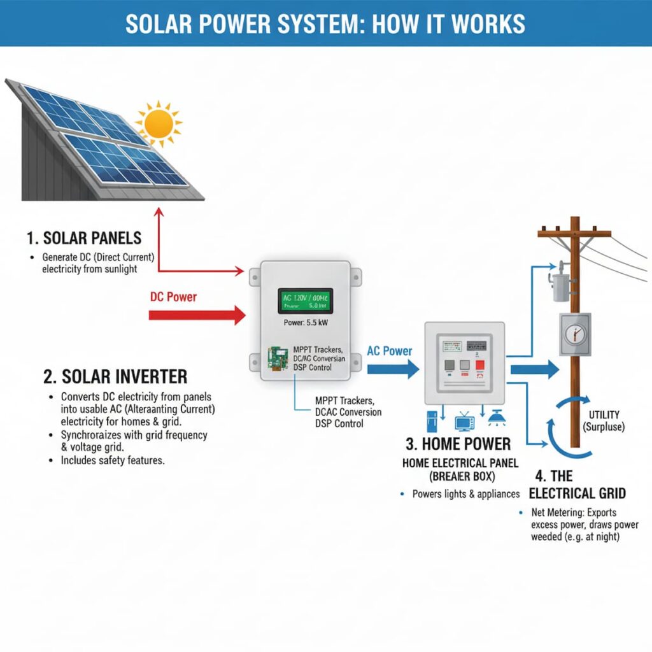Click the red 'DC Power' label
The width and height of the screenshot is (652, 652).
(173, 297)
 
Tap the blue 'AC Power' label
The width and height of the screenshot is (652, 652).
(389, 351)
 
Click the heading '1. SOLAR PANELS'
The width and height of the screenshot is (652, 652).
(84, 239)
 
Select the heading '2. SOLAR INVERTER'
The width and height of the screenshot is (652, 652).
(115, 376)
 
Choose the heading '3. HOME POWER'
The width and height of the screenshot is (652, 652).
(458, 444)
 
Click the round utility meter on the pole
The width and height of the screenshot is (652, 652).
(575, 334)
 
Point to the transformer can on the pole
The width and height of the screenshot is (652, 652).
(560, 288)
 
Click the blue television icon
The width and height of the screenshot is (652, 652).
(464, 423)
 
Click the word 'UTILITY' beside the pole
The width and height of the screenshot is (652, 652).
(604, 415)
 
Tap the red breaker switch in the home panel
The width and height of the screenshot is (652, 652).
(480, 365)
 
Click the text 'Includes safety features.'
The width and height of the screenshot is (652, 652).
(113, 460)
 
